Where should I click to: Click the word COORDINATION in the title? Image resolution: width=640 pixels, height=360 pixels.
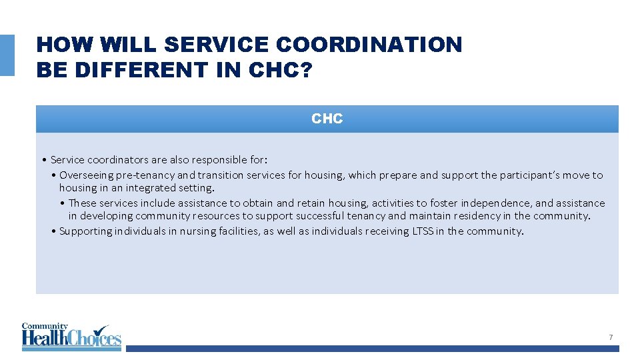(369, 45)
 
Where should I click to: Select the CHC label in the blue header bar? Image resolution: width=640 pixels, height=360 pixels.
(327, 119)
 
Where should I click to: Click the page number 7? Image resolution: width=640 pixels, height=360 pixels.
(610, 337)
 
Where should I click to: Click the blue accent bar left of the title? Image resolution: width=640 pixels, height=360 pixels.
(7, 55)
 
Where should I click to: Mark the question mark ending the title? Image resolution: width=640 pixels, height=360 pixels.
(305, 70)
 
